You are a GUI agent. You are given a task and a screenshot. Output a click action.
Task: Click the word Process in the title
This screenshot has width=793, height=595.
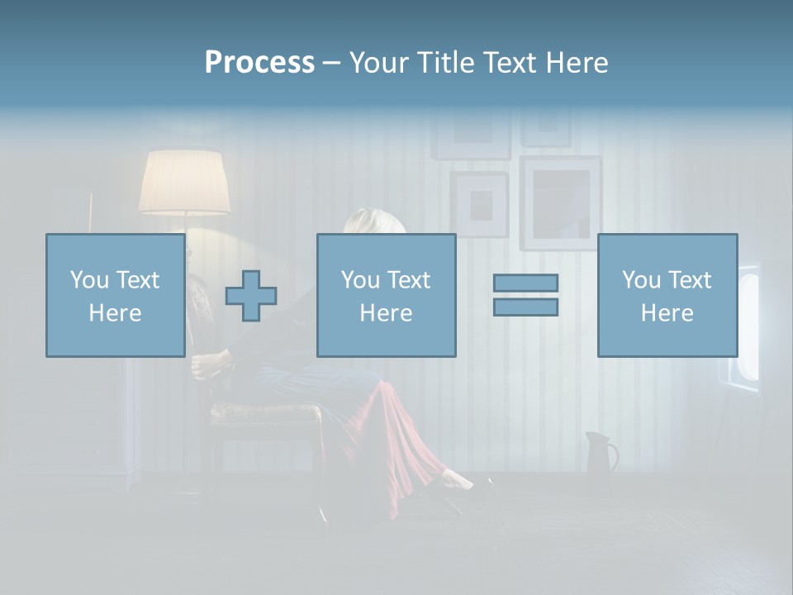tap(259, 63)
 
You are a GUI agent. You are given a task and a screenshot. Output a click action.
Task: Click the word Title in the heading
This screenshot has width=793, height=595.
tap(444, 63)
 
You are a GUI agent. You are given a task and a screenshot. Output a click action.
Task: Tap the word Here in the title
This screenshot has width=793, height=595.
tap(576, 63)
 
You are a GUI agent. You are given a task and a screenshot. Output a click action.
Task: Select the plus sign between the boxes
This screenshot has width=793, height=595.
tap(251, 296)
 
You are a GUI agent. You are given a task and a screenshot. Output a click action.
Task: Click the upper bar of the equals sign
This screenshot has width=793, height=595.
tap(525, 283)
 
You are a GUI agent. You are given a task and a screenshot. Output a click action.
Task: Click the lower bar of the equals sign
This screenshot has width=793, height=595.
tap(525, 307)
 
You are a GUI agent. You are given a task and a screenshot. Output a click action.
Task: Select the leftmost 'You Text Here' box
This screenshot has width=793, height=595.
tap(116, 295)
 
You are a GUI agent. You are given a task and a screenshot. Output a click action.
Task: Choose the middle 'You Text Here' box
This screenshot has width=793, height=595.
tap(386, 295)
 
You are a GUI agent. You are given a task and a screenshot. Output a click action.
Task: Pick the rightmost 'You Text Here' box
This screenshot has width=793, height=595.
tap(667, 295)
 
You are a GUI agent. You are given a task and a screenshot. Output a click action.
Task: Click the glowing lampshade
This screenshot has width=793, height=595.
tap(184, 182)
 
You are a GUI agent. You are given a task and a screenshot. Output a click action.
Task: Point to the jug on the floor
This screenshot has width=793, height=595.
tap(600, 452)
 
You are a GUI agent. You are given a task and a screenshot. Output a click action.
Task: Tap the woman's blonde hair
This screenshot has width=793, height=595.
tap(363, 221)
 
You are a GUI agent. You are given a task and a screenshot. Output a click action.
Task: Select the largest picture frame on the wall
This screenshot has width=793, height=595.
tap(560, 202)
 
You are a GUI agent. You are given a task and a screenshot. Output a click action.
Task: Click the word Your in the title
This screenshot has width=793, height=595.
tap(381, 63)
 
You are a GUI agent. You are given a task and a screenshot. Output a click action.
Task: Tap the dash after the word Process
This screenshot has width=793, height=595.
tap(331, 64)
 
